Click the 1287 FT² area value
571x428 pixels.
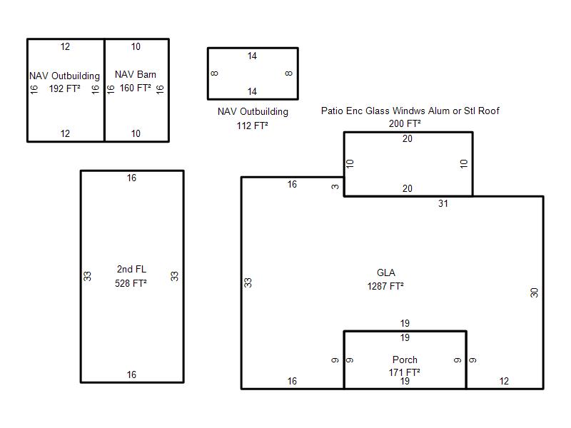385,286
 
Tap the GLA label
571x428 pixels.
385,272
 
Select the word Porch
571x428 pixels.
405,360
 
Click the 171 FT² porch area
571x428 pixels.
404,372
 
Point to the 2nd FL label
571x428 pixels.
131,269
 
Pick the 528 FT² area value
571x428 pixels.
131,283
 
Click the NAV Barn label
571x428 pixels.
136,74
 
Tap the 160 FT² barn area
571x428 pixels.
136,88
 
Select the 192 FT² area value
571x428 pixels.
64,88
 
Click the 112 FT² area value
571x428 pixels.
253,126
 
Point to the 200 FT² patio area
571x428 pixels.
405,123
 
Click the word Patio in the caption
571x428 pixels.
332,111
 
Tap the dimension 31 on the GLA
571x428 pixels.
443,203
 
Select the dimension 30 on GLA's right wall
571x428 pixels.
534,292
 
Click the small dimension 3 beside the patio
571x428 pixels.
335,187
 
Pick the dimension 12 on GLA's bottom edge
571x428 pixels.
504,381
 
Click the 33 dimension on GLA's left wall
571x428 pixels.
248,282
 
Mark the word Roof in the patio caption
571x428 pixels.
489,111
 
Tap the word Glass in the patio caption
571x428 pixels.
379,111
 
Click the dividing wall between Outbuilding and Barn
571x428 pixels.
104,91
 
